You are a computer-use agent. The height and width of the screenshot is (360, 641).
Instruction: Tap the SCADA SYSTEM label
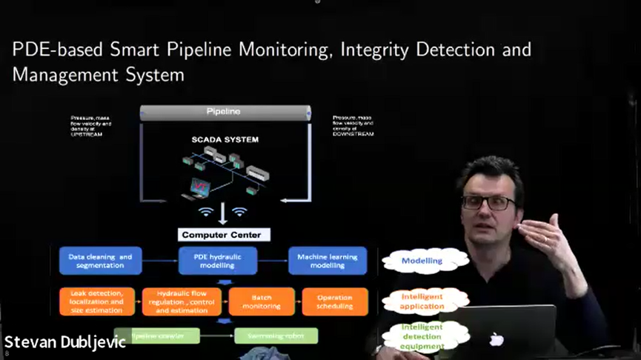coord(225,139)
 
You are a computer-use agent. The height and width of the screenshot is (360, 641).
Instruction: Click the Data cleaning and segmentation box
coord(99,261)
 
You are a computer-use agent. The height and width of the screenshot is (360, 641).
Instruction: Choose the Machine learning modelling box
coord(327,261)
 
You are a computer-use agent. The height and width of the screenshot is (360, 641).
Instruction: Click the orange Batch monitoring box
coord(261,301)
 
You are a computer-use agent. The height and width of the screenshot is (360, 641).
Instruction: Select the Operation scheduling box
coord(334,301)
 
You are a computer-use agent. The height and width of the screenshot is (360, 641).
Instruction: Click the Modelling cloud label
coord(422,261)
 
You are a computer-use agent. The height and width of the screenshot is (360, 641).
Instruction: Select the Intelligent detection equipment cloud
coord(422,336)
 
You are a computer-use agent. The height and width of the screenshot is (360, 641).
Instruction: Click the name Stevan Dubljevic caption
coord(64,342)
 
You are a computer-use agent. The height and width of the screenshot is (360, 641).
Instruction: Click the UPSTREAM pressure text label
coord(91,125)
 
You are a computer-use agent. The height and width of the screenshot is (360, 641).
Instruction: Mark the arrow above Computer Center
coord(223,214)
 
